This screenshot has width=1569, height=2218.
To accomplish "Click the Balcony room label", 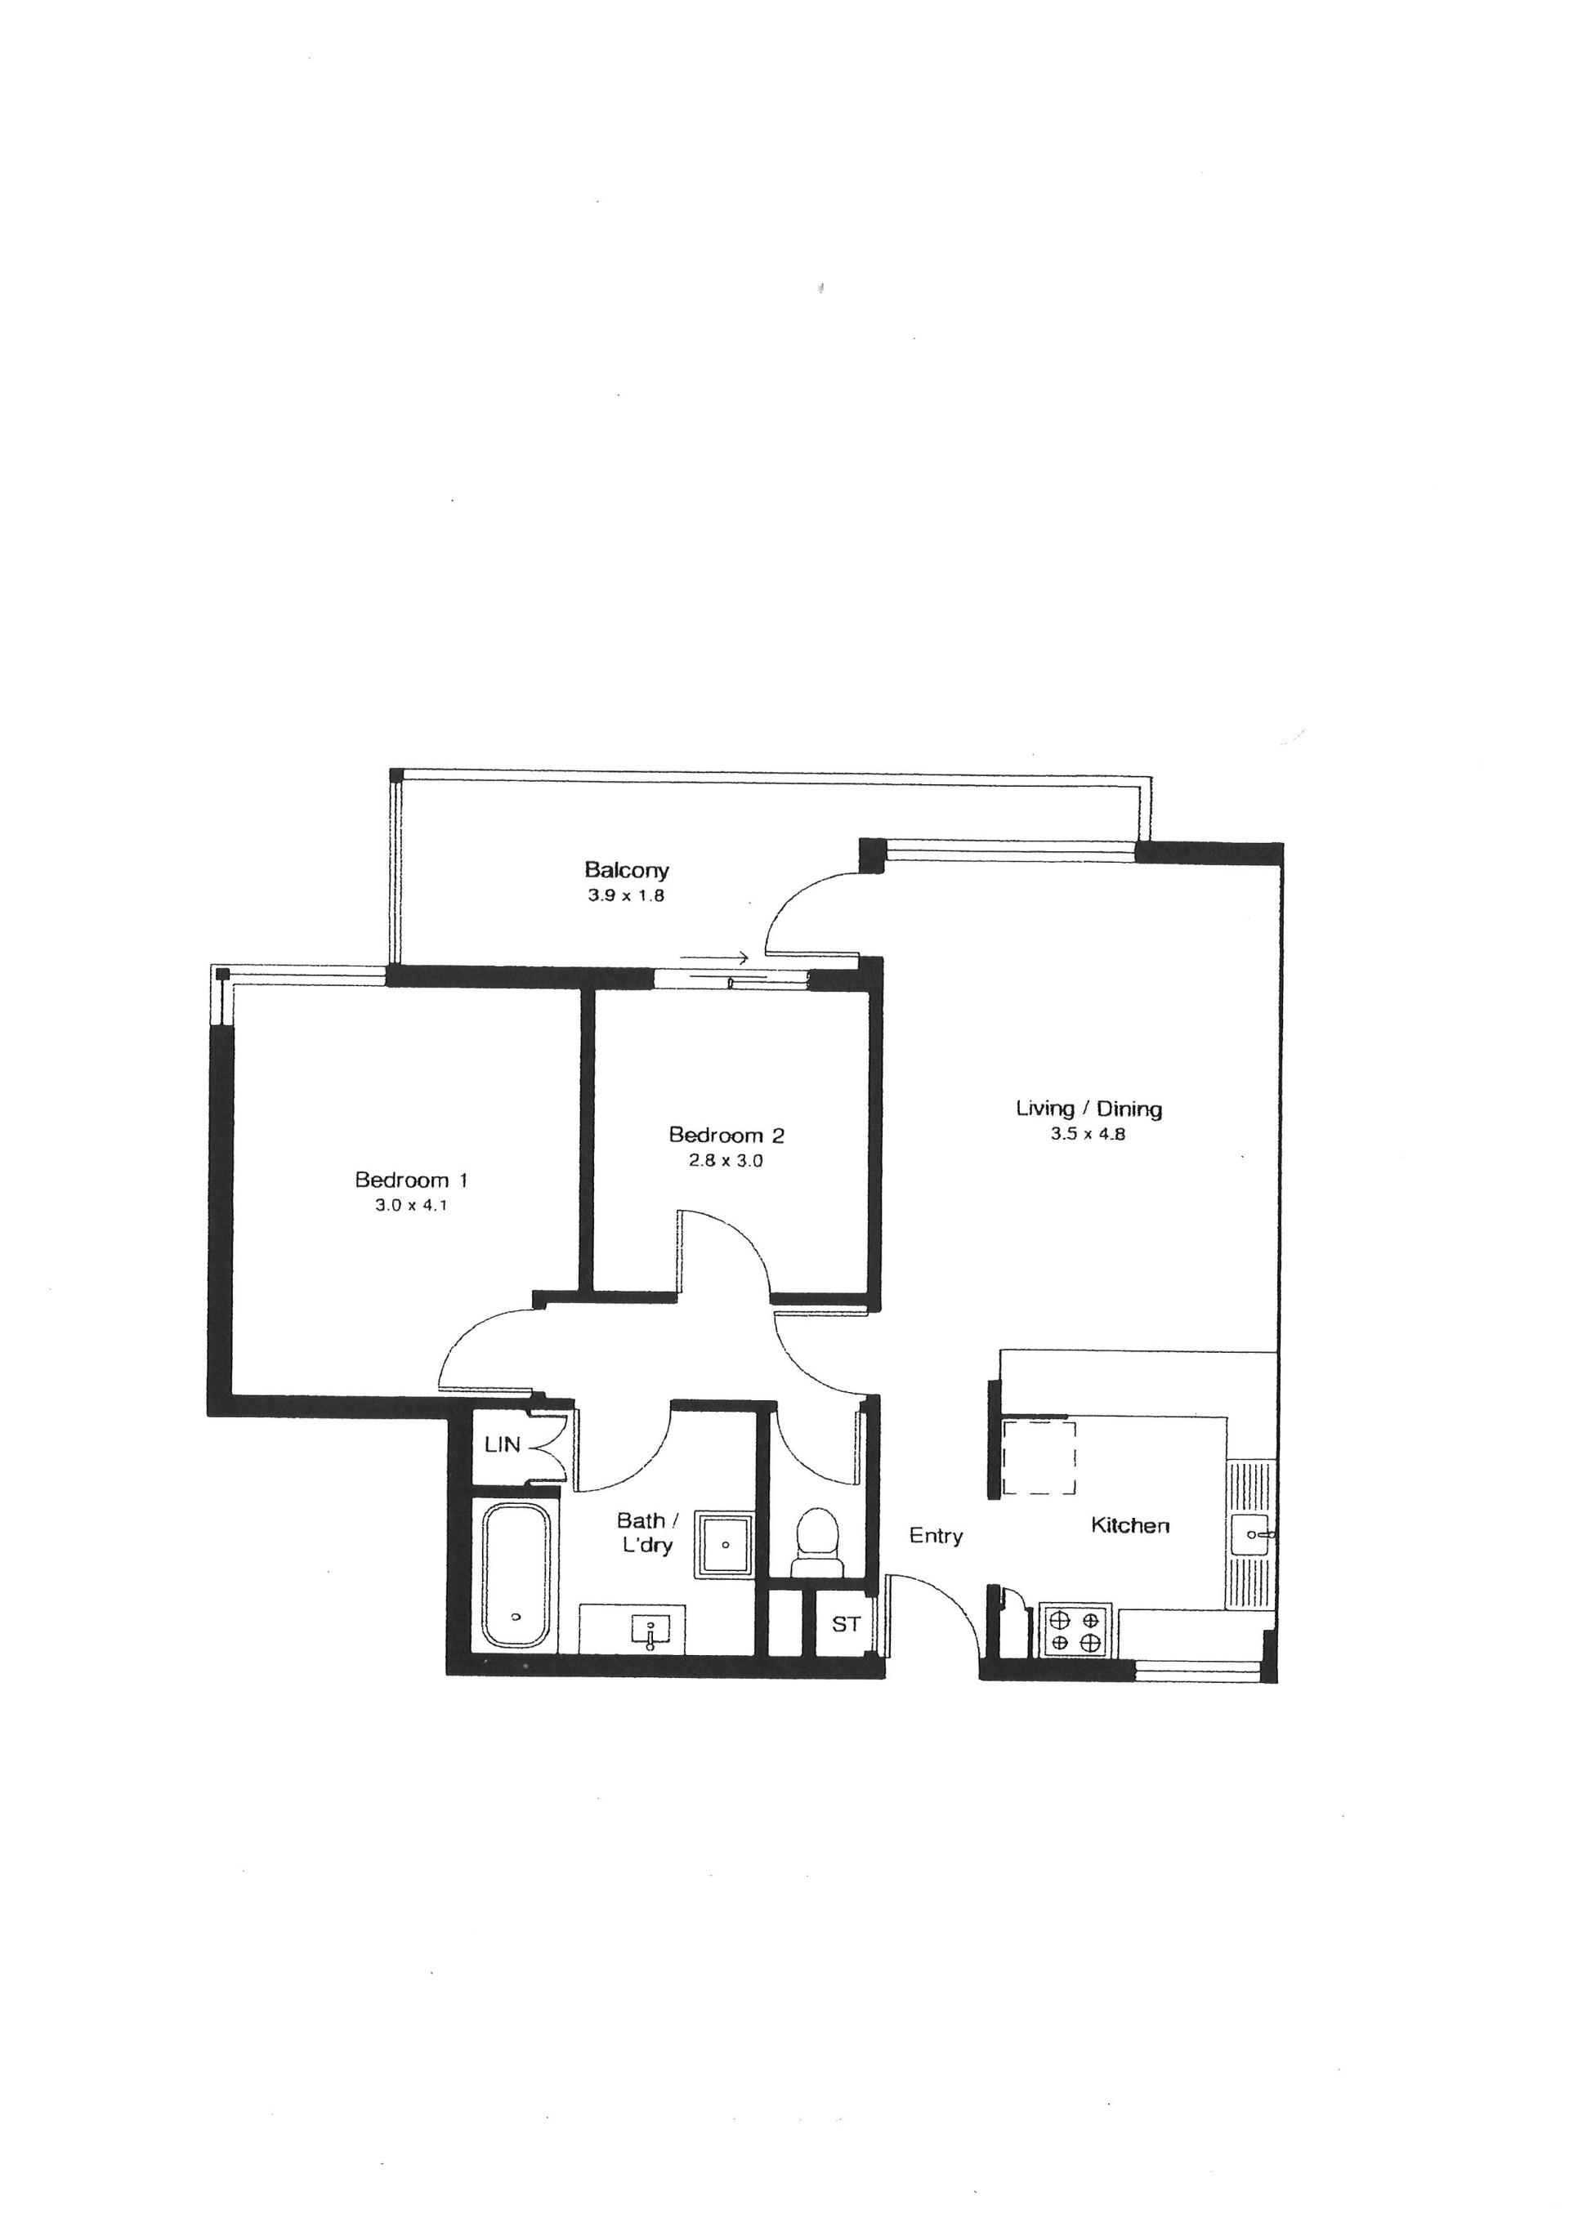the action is coord(626,869).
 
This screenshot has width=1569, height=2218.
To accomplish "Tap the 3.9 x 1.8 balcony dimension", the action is coord(626,895).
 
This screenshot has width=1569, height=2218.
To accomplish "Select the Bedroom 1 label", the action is coord(412,1180).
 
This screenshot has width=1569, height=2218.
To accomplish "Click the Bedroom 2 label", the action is coord(726,1135).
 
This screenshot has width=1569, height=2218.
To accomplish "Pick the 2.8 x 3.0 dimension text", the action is coord(726,1161).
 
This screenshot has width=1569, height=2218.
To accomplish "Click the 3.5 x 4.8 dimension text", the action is coord(1088,1134).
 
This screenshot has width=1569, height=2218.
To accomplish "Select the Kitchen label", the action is coord(1130,1525).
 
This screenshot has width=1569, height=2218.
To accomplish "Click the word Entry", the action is coord(936,1536).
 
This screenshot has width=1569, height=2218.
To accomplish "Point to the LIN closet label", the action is coord(503,1445).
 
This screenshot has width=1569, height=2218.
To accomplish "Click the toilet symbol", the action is coord(816,1542).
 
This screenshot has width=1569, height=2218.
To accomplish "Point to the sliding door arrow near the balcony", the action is coord(714,958).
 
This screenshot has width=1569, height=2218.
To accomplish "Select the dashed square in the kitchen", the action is coord(1039,1457).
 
